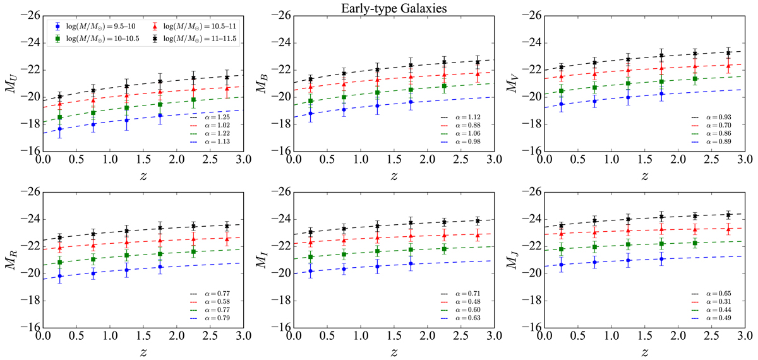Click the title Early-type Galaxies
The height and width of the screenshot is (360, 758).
pyautogui.click(x=379, y=8)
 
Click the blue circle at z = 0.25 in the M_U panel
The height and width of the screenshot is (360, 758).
pyautogui.click(x=60, y=129)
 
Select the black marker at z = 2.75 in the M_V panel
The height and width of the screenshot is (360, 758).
pyautogui.click(x=728, y=53)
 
